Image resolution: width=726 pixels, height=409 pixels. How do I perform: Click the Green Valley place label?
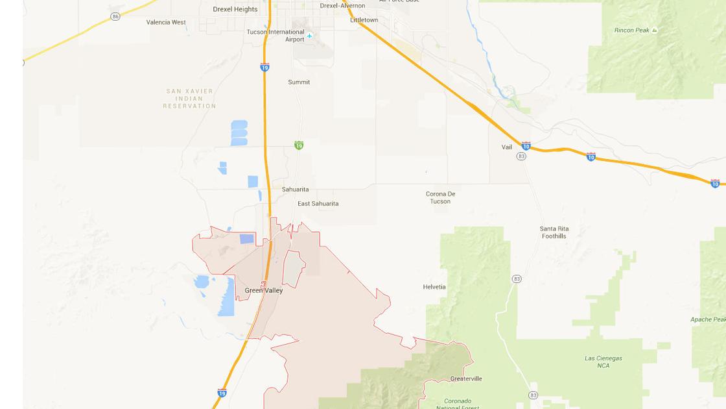click(x=264, y=290)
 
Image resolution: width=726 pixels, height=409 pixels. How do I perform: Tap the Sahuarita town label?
click(x=295, y=190)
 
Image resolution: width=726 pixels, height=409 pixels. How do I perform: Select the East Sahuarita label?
click(x=318, y=204)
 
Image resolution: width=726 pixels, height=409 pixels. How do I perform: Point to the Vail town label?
click(x=507, y=147)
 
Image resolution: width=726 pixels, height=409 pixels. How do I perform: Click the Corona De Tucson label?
click(x=440, y=197)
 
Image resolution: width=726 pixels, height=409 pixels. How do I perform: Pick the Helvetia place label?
click(x=434, y=287)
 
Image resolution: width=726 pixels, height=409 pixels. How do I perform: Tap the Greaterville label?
click(x=466, y=378)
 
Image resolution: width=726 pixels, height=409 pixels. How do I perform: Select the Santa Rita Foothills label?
click(x=554, y=232)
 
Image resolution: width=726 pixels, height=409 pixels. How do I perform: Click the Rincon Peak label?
click(x=632, y=31)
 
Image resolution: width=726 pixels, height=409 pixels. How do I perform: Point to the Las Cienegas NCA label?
click(x=603, y=362)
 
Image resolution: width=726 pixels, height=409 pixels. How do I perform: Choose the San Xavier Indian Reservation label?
click(x=189, y=99)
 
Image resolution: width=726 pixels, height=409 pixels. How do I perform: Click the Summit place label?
click(x=299, y=82)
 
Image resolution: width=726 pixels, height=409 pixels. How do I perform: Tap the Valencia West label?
click(x=166, y=22)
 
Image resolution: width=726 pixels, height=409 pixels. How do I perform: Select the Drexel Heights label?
click(x=235, y=9)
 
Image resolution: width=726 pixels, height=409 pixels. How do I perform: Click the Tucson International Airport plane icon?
click(x=309, y=36)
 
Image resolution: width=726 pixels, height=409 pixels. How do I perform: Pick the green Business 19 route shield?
click(x=298, y=145)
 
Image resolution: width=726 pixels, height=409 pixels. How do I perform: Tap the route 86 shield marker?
click(x=115, y=16)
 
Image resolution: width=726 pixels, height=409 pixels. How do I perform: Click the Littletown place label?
click(x=364, y=20)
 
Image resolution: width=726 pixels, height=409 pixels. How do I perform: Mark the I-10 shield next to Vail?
click(x=526, y=146)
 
